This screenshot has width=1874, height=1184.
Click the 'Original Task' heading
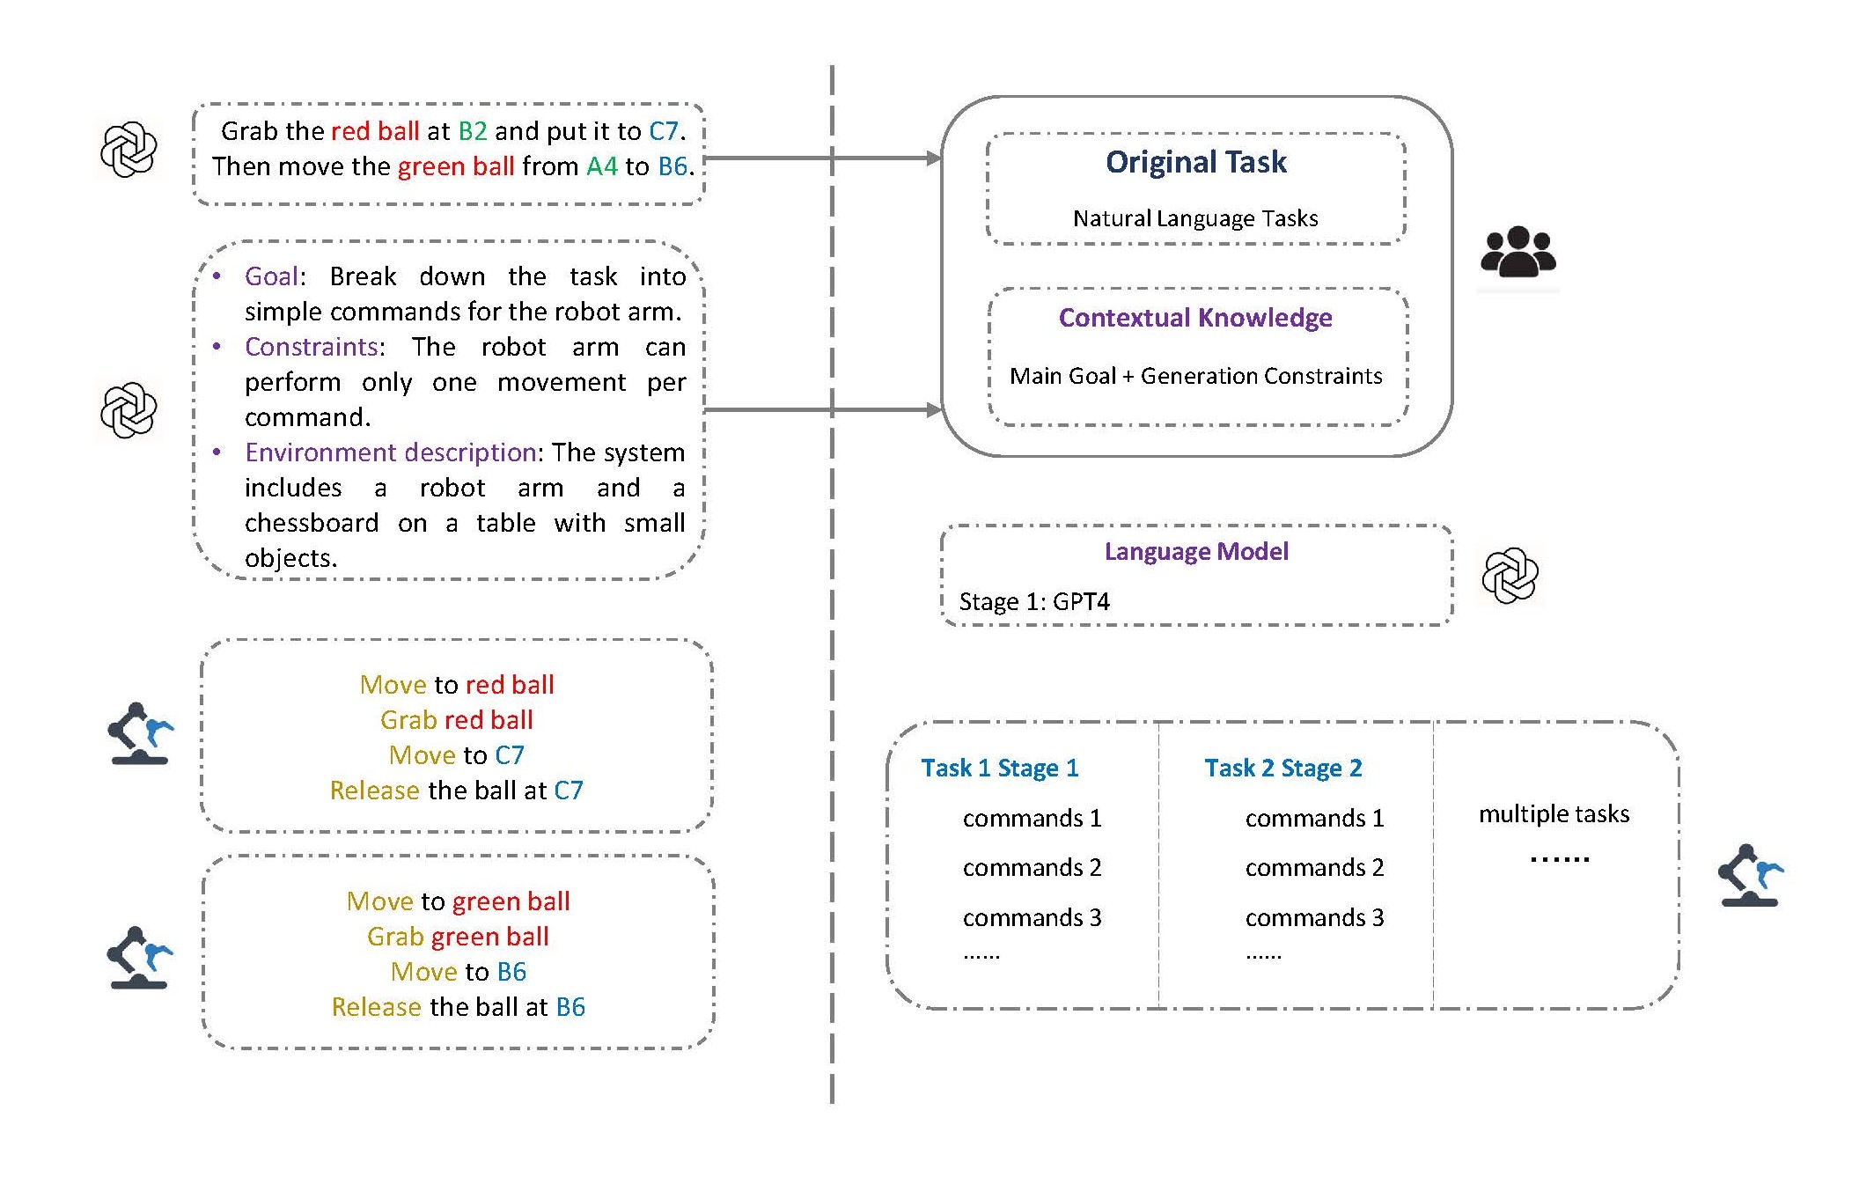1195,162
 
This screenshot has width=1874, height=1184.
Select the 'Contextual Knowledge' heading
1194,318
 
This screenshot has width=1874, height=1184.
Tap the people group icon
1518,253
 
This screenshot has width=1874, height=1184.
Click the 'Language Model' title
1195,551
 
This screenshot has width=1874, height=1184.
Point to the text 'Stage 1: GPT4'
1033,602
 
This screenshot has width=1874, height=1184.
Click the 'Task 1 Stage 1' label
999,768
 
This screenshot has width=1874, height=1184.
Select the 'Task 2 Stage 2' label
1282,768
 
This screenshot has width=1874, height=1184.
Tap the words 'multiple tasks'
1554,814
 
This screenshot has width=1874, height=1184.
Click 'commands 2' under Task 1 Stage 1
1032,868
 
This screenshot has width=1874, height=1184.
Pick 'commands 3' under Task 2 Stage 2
1314,918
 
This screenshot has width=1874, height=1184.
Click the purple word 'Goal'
271,276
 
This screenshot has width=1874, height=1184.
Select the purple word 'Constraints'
312,347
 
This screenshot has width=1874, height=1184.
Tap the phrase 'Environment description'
391,452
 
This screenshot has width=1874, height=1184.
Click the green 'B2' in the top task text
473,131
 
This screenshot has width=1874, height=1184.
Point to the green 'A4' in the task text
602,166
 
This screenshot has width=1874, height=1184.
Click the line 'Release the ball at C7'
456,791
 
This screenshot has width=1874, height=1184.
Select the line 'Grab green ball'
458,937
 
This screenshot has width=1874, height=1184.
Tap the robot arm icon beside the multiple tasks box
1749,875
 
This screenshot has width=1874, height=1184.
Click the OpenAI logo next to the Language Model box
1510,577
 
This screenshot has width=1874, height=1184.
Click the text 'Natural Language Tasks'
1194,218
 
